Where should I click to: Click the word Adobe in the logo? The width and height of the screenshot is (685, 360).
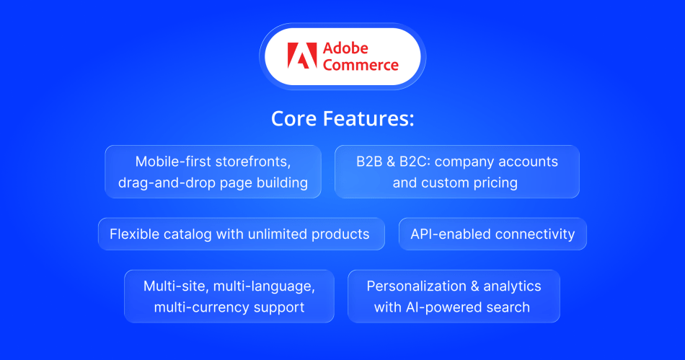click(x=345, y=48)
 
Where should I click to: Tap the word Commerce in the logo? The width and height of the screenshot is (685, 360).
click(x=361, y=65)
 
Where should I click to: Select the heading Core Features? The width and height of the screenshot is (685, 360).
click(x=342, y=118)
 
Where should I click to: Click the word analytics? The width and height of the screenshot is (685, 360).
click(x=513, y=286)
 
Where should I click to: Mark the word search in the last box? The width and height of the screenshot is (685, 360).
click(x=508, y=307)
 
